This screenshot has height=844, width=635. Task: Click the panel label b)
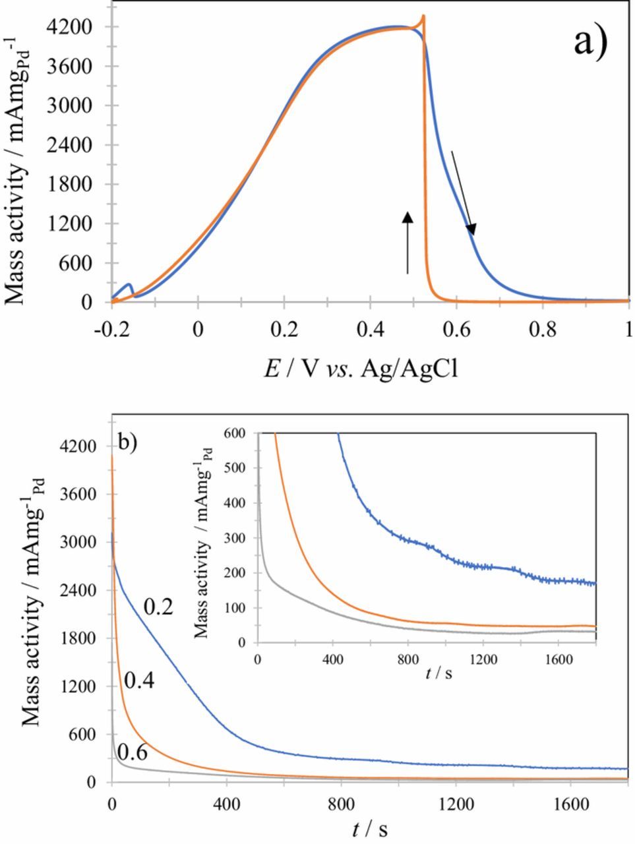pyautogui.click(x=127, y=440)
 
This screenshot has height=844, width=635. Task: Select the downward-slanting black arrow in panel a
pyautogui.click(x=462, y=192)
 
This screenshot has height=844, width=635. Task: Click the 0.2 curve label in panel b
pyautogui.click(x=158, y=607)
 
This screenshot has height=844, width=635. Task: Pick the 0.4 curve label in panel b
pyautogui.click(x=139, y=681)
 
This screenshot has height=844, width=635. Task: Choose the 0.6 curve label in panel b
pyautogui.click(x=132, y=752)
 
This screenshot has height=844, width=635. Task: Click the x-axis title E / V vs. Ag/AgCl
pyautogui.click(x=361, y=369)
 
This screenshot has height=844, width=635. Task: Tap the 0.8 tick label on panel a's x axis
pyautogui.click(x=543, y=328)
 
